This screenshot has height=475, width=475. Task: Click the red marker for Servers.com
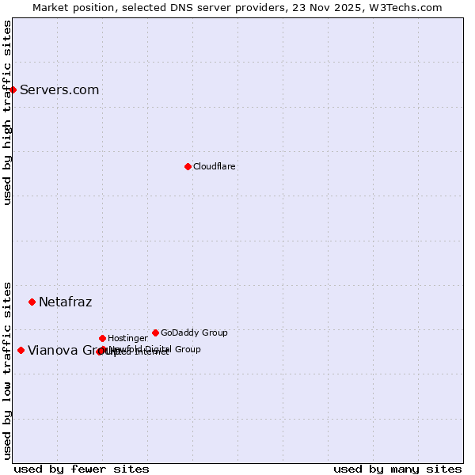(x=13, y=89)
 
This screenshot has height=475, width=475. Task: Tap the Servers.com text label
(x=59, y=90)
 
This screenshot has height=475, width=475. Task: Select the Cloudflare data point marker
(x=188, y=166)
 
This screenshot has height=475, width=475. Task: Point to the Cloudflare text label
(x=215, y=167)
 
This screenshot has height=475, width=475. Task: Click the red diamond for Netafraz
(x=32, y=302)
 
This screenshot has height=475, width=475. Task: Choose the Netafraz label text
(x=66, y=302)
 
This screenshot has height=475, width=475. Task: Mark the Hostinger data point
(x=102, y=338)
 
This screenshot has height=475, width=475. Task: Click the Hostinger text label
(x=127, y=339)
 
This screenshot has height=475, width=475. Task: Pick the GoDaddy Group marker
(x=155, y=332)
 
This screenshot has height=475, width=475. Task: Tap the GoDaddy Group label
(x=194, y=333)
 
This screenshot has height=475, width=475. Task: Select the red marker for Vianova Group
(x=21, y=350)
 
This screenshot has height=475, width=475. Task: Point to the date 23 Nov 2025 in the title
(x=335, y=8)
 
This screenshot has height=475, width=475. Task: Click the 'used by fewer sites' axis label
(x=82, y=469)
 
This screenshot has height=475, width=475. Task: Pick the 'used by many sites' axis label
(x=397, y=469)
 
